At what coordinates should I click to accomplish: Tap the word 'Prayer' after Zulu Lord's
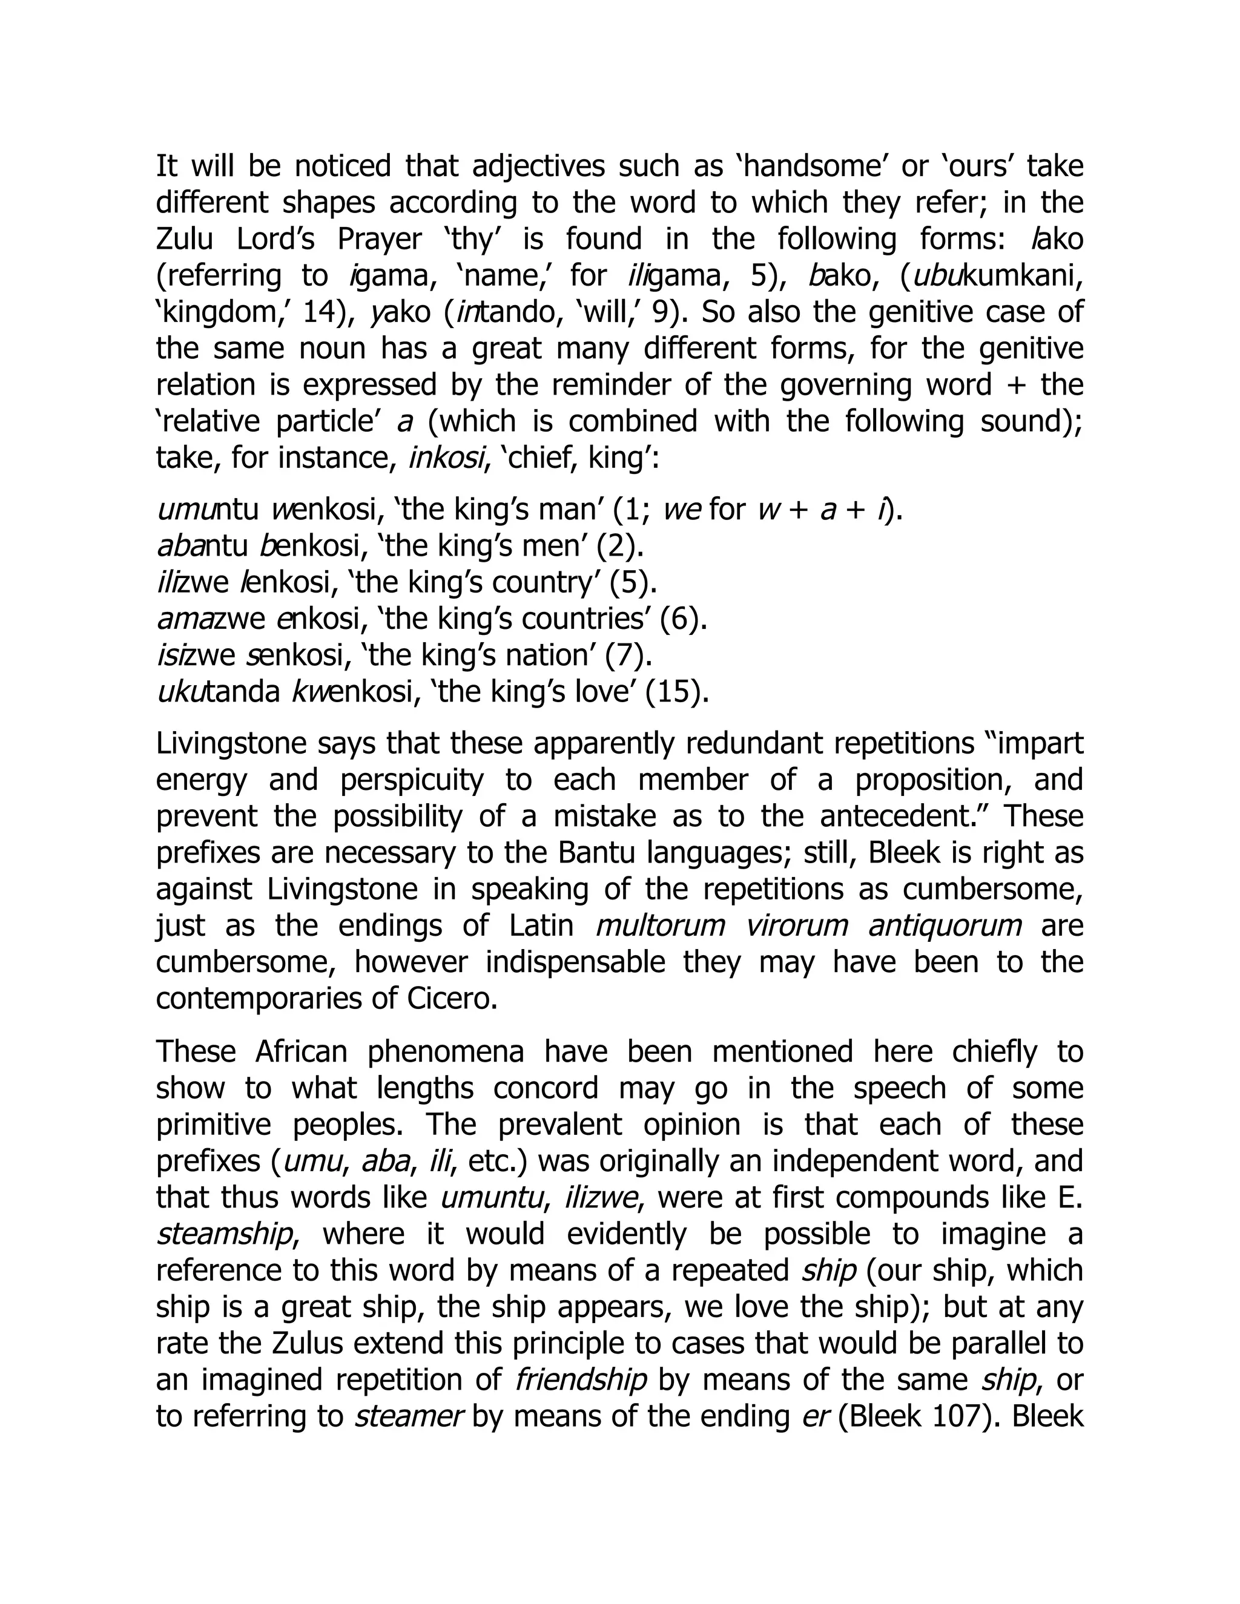(380, 240)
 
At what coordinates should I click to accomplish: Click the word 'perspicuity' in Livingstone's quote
(411, 780)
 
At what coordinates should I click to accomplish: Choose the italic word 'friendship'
(580, 1379)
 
